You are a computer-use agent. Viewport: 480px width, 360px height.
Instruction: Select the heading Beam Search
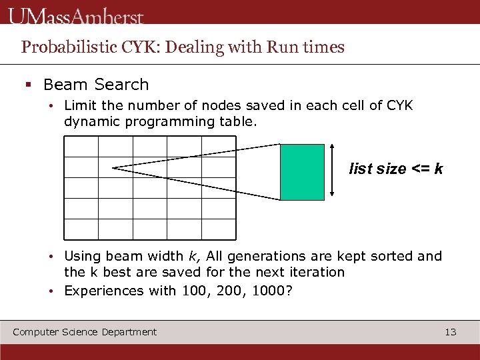(x=96, y=85)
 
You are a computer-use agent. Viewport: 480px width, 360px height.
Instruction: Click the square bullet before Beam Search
(x=29, y=85)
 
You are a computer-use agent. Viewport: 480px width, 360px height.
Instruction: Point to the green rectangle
(x=302, y=172)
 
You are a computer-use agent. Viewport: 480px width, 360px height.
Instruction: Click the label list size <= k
(x=396, y=169)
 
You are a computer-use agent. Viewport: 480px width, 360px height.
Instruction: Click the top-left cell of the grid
(x=81, y=147)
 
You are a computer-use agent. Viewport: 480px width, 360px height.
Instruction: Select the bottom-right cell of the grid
(x=219, y=229)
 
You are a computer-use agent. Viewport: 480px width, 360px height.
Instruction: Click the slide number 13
(x=451, y=332)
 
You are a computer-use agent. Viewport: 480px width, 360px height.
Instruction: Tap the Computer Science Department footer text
(x=85, y=332)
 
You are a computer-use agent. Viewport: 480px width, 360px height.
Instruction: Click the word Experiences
(x=101, y=291)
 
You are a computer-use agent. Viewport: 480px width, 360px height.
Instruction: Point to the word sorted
(x=394, y=256)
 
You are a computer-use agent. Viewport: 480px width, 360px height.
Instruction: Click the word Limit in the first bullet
(x=80, y=105)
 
